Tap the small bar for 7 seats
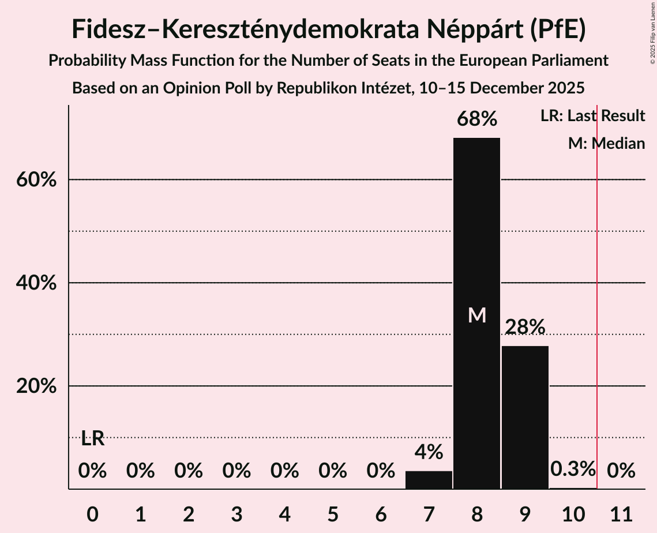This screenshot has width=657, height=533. point(429,480)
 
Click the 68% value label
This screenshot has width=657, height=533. point(476,119)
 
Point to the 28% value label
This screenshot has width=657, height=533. point(525,327)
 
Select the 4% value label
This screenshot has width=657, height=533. point(429,452)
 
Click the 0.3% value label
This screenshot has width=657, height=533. point(572,469)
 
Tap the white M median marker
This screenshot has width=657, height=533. point(477,315)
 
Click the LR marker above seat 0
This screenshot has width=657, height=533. point(92,439)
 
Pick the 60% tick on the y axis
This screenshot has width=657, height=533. point(36,180)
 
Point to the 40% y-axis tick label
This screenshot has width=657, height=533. point(36,283)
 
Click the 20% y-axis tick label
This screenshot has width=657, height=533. point(36,386)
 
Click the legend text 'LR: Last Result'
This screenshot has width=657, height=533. point(592,116)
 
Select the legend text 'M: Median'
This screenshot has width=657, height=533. point(606,144)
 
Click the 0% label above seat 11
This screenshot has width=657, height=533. point(621,471)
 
